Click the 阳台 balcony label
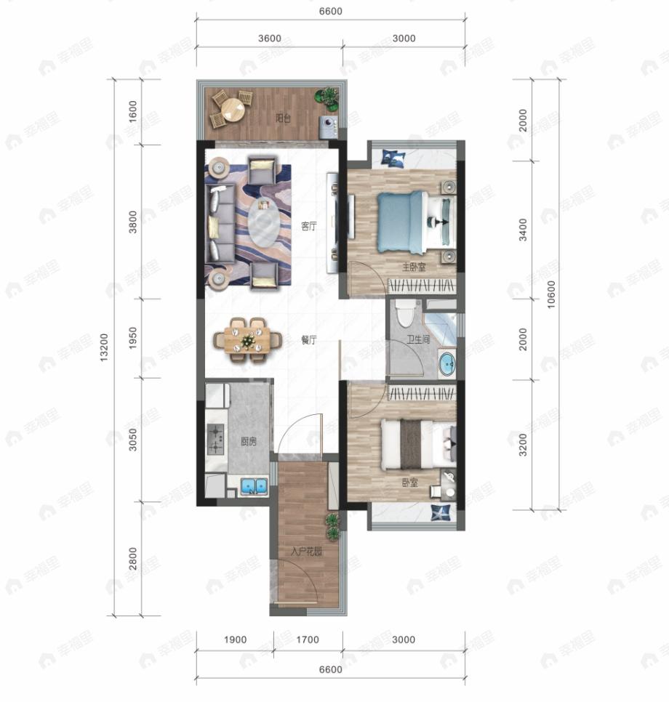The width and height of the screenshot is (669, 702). coord(283,118)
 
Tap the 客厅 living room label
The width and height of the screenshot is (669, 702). coord(309,226)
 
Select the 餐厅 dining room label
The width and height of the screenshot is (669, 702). coord(309,340)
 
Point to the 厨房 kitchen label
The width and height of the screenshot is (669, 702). coord(249,441)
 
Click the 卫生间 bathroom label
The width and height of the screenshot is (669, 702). coord(418,339)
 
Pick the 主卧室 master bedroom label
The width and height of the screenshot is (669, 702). coord(414,267)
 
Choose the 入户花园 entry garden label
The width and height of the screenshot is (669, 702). coord(306,551)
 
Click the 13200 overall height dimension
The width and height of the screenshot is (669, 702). coord(104,347)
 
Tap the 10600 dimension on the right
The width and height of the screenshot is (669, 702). coord(551,294)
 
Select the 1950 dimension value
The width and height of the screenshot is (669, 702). coord(132,338)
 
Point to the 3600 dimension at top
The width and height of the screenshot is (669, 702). coord(270,38)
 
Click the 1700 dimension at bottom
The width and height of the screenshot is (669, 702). coord(308,640)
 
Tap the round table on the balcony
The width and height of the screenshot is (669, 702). coord(233,110)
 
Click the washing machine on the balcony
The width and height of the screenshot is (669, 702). coord(329,127)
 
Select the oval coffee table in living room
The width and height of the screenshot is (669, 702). coord(265,222)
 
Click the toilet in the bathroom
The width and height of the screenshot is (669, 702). coord(406,313)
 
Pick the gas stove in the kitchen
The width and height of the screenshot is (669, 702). coord(215,439)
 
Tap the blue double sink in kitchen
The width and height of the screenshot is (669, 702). coord(254,485)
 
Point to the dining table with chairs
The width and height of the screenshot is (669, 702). coord(247,340)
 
